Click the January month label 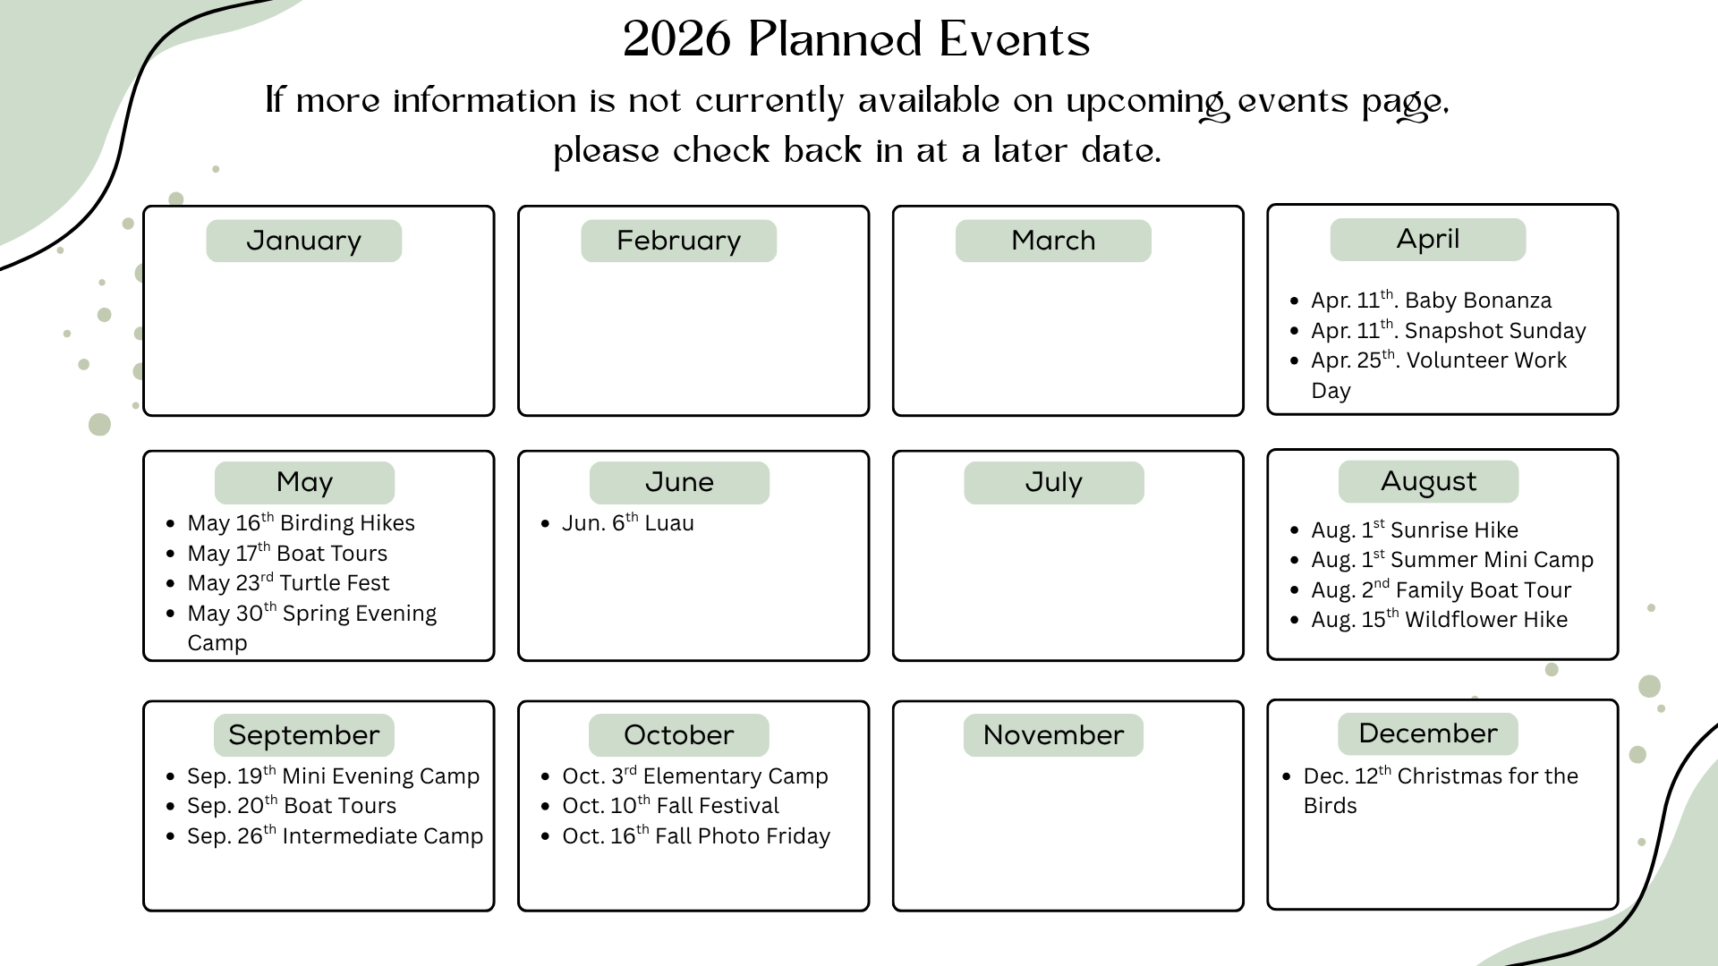pos(303,241)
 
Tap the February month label pos(678,241)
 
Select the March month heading pos(1053,241)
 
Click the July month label pos(1053,483)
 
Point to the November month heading pos(1053,735)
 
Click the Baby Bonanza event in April pos(1431,300)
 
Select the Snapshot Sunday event pos(1448,330)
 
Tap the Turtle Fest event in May pos(288,582)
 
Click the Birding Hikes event pos(301,522)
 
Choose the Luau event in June pos(627,522)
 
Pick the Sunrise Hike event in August pos(1414,530)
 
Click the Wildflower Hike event pos(1439,619)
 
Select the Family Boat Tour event pos(1441,589)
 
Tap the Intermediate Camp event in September pos(335,835)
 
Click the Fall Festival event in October pos(670,805)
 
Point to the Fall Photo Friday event pos(696,835)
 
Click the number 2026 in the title pos(677,39)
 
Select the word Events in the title pos(1015,39)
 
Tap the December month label pos(1428,733)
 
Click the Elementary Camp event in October pos(694,775)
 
